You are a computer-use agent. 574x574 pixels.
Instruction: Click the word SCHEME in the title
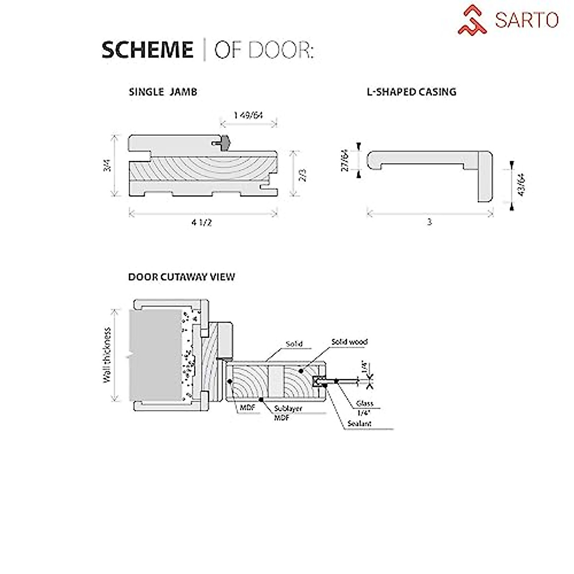(147, 50)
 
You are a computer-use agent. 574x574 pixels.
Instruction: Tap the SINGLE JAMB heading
(163, 92)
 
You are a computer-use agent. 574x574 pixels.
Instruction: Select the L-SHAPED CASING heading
(411, 92)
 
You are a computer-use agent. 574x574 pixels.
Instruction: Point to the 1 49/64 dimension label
(249, 115)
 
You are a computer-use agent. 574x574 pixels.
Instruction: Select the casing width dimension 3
(429, 222)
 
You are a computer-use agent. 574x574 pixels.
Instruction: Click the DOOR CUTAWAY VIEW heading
(181, 277)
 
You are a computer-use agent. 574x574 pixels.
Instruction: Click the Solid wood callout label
(349, 342)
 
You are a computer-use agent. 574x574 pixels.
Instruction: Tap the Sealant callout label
(360, 423)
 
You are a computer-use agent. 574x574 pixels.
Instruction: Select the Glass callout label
(364, 403)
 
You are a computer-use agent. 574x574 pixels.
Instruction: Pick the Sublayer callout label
(288, 409)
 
